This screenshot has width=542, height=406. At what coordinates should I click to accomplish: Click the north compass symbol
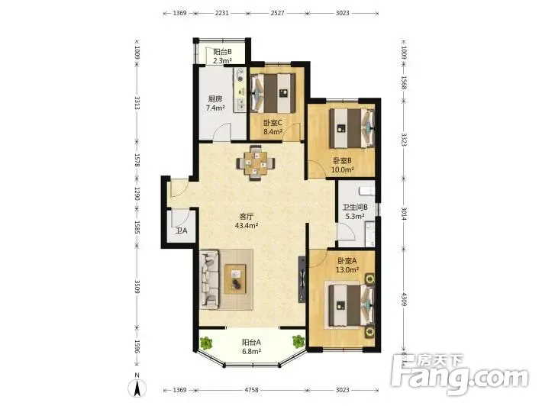click(137, 386)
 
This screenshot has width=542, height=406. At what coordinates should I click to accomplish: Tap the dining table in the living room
click(256, 163)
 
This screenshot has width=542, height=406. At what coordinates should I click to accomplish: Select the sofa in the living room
click(209, 279)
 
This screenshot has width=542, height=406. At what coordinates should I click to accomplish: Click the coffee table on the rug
click(235, 279)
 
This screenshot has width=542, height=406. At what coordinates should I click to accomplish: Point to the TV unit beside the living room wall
click(302, 279)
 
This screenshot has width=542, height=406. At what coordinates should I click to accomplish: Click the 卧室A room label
click(347, 261)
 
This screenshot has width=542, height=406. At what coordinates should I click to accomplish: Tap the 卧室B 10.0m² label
click(342, 165)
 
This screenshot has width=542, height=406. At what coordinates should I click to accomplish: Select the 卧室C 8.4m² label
click(273, 127)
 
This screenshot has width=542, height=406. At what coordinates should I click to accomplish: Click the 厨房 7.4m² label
click(215, 103)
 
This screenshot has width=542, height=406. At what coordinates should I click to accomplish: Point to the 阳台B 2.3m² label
click(222, 56)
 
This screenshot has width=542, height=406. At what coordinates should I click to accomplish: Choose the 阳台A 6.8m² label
click(251, 346)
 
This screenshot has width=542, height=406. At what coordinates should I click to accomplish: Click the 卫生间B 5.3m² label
click(355, 212)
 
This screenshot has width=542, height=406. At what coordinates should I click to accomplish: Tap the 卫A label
click(181, 230)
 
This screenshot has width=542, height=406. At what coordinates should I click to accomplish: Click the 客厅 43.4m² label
click(247, 221)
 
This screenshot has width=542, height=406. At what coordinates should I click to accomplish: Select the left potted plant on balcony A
click(206, 343)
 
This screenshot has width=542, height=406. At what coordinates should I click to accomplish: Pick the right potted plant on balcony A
click(298, 341)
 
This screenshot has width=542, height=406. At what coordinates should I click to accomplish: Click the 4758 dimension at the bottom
click(251, 390)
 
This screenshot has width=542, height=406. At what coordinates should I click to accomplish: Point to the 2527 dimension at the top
click(278, 13)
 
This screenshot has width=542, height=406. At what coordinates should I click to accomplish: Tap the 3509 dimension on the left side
click(137, 286)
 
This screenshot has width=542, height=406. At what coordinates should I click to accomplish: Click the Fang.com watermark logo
click(460, 375)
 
